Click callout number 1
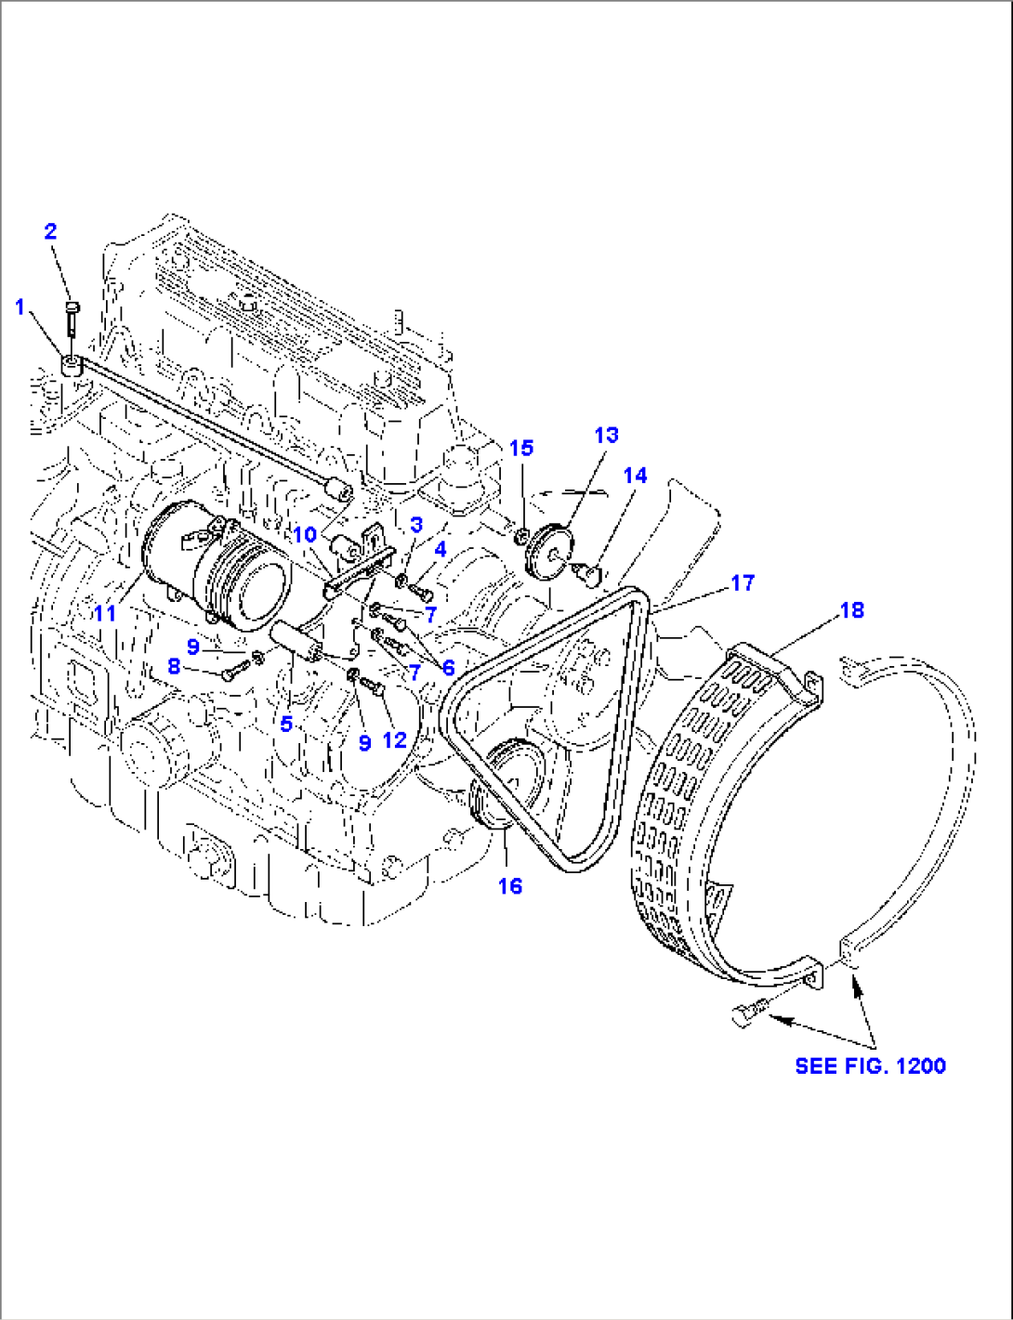(x=20, y=307)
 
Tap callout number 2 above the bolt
(x=51, y=231)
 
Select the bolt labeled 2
(x=73, y=319)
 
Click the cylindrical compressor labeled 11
(x=216, y=569)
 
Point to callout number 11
(x=104, y=613)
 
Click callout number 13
(x=606, y=435)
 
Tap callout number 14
(x=635, y=476)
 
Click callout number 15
(x=521, y=448)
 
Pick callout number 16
(x=510, y=886)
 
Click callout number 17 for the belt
(x=743, y=582)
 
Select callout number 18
(x=851, y=610)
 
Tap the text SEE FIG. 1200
(x=870, y=1065)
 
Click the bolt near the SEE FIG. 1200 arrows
(x=748, y=1013)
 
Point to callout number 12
(x=395, y=739)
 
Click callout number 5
(x=286, y=723)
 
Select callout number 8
(x=174, y=666)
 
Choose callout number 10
(x=305, y=535)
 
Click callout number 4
(x=440, y=550)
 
